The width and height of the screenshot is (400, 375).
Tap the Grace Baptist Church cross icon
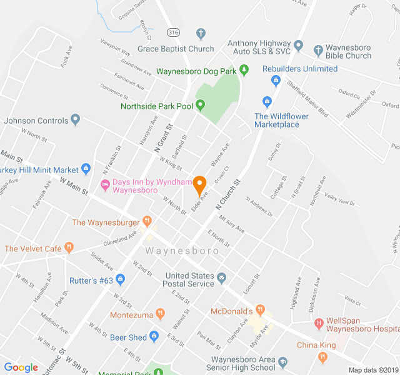pyautogui.click(x=201, y=33)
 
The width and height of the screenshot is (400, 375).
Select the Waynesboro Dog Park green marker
pyautogui.click(x=244, y=71)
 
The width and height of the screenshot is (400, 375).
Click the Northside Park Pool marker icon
pyautogui.click(x=201, y=106)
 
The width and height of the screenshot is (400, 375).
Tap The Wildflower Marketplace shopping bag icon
pyautogui.click(x=267, y=101)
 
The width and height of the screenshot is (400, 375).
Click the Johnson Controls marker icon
pyautogui.click(x=76, y=119)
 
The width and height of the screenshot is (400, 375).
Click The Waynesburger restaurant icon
pyautogui.click(x=147, y=221)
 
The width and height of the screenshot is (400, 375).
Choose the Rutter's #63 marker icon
pyautogui.click(x=121, y=280)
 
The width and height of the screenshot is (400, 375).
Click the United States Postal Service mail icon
pyautogui.click(x=221, y=276)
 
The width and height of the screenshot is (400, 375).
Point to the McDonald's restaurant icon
pyautogui.click(x=261, y=310)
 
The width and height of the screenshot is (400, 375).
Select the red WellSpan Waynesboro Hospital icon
pyautogui.click(x=319, y=324)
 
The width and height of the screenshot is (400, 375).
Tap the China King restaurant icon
pyautogui.click(x=322, y=357)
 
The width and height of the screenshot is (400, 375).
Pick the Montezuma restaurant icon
pyautogui.click(x=161, y=314)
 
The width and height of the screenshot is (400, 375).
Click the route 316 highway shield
pyautogui.click(x=173, y=31)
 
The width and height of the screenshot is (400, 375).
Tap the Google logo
pyautogui.click(x=21, y=368)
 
